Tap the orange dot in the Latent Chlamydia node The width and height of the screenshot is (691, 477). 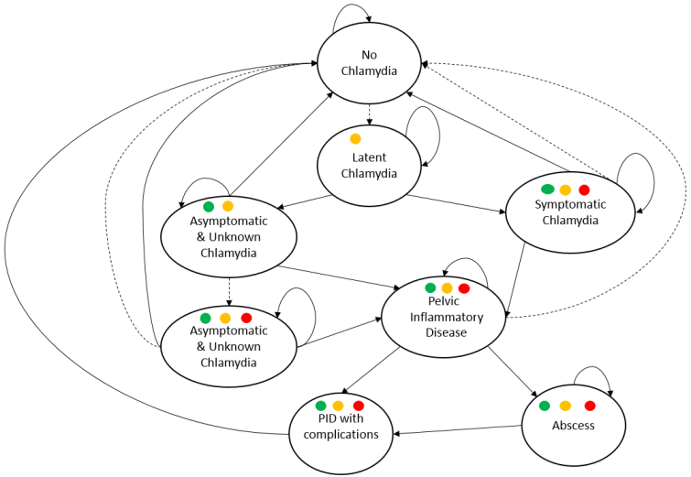[x=355, y=139]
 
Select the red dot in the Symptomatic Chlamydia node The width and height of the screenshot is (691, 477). [x=584, y=190]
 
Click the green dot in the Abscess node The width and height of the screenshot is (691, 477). [x=545, y=406]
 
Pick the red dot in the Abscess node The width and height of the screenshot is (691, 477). [x=590, y=406]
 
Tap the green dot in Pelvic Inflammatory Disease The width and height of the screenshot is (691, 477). [x=430, y=288]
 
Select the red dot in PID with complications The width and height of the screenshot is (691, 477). [x=358, y=406]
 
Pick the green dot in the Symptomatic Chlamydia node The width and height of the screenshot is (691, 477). [x=547, y=190]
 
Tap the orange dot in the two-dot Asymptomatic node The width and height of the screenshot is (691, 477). [x=228, y=206]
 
